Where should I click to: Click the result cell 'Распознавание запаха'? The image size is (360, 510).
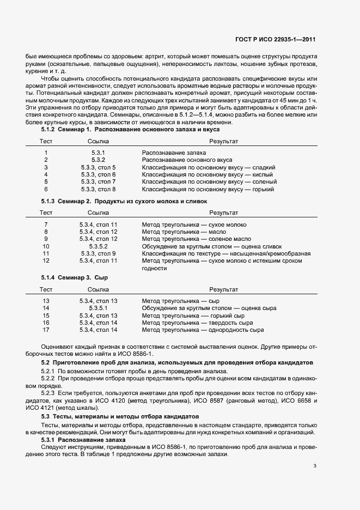click(167, 153)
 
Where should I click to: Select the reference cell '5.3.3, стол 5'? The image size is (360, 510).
click(98, 167)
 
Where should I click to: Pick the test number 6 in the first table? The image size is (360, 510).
click(46, 189)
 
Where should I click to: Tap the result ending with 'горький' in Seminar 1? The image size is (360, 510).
click(208, 189)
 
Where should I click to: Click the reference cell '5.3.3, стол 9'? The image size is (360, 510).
click(98, 253)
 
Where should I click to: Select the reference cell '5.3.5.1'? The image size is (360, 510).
click(98, 308)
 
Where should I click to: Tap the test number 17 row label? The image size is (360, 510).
click(46, 330)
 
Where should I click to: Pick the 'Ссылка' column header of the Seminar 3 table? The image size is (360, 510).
click(98, 289)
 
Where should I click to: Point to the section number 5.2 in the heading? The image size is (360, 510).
click(46, 362)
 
